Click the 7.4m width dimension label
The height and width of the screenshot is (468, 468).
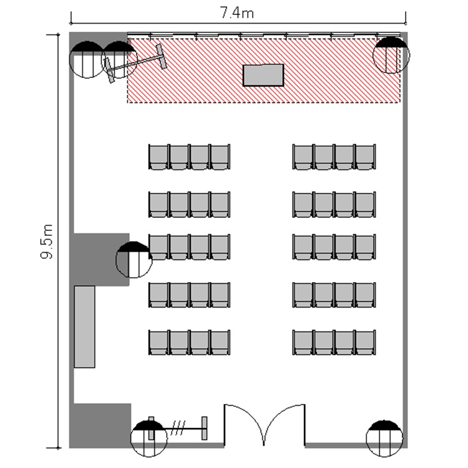[237, 13]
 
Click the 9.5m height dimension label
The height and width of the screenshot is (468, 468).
[47, 241]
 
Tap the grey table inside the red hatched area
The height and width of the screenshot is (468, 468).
[263, 76]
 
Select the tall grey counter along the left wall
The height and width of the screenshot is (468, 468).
[84, 326]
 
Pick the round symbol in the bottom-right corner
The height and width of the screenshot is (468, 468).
[384, 439]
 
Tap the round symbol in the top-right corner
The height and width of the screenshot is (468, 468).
[391, 55]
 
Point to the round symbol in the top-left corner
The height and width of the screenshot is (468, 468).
[87, 59]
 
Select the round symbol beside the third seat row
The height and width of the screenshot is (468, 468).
[134, 260]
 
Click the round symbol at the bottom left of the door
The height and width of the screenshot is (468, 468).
[149, 438]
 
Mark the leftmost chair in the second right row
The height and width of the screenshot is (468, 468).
[303, 205]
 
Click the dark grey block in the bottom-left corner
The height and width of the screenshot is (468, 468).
[100, 426]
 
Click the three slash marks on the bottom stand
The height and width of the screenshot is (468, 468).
[178, 428]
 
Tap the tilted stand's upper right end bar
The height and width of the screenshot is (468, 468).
[162, 56]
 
